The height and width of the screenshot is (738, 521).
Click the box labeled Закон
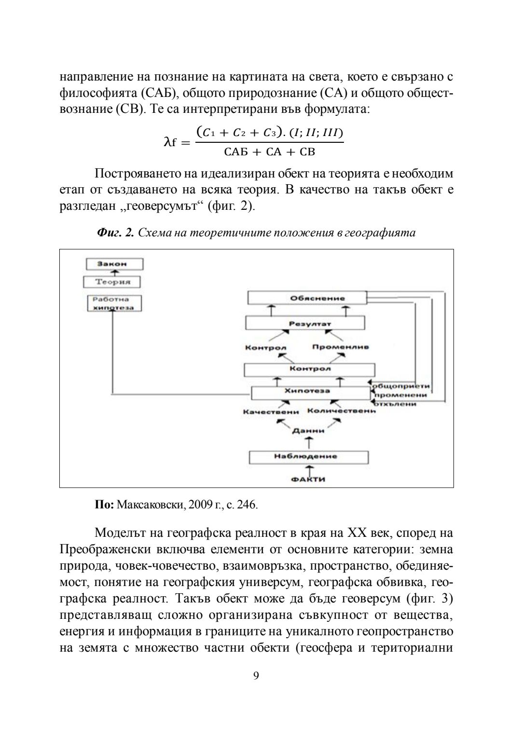(x=114, y=264)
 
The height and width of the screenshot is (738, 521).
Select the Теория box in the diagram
(x=111, y=282)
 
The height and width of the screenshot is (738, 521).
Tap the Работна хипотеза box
(x=114, y=303)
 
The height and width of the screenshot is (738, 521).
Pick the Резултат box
(x=305, y=323)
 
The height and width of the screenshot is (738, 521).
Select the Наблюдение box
(x=308, y=456)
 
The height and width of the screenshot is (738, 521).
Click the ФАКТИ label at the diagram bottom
(x=308, y=479)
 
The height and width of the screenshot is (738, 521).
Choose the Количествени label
(x=341, y=411)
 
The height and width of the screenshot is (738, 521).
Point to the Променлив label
(x=341, y=347)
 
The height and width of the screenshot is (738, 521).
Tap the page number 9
(x=256, y=676)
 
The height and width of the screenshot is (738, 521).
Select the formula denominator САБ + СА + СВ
(x=270, y=152)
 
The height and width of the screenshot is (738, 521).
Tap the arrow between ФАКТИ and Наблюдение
(x=309, y=469)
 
